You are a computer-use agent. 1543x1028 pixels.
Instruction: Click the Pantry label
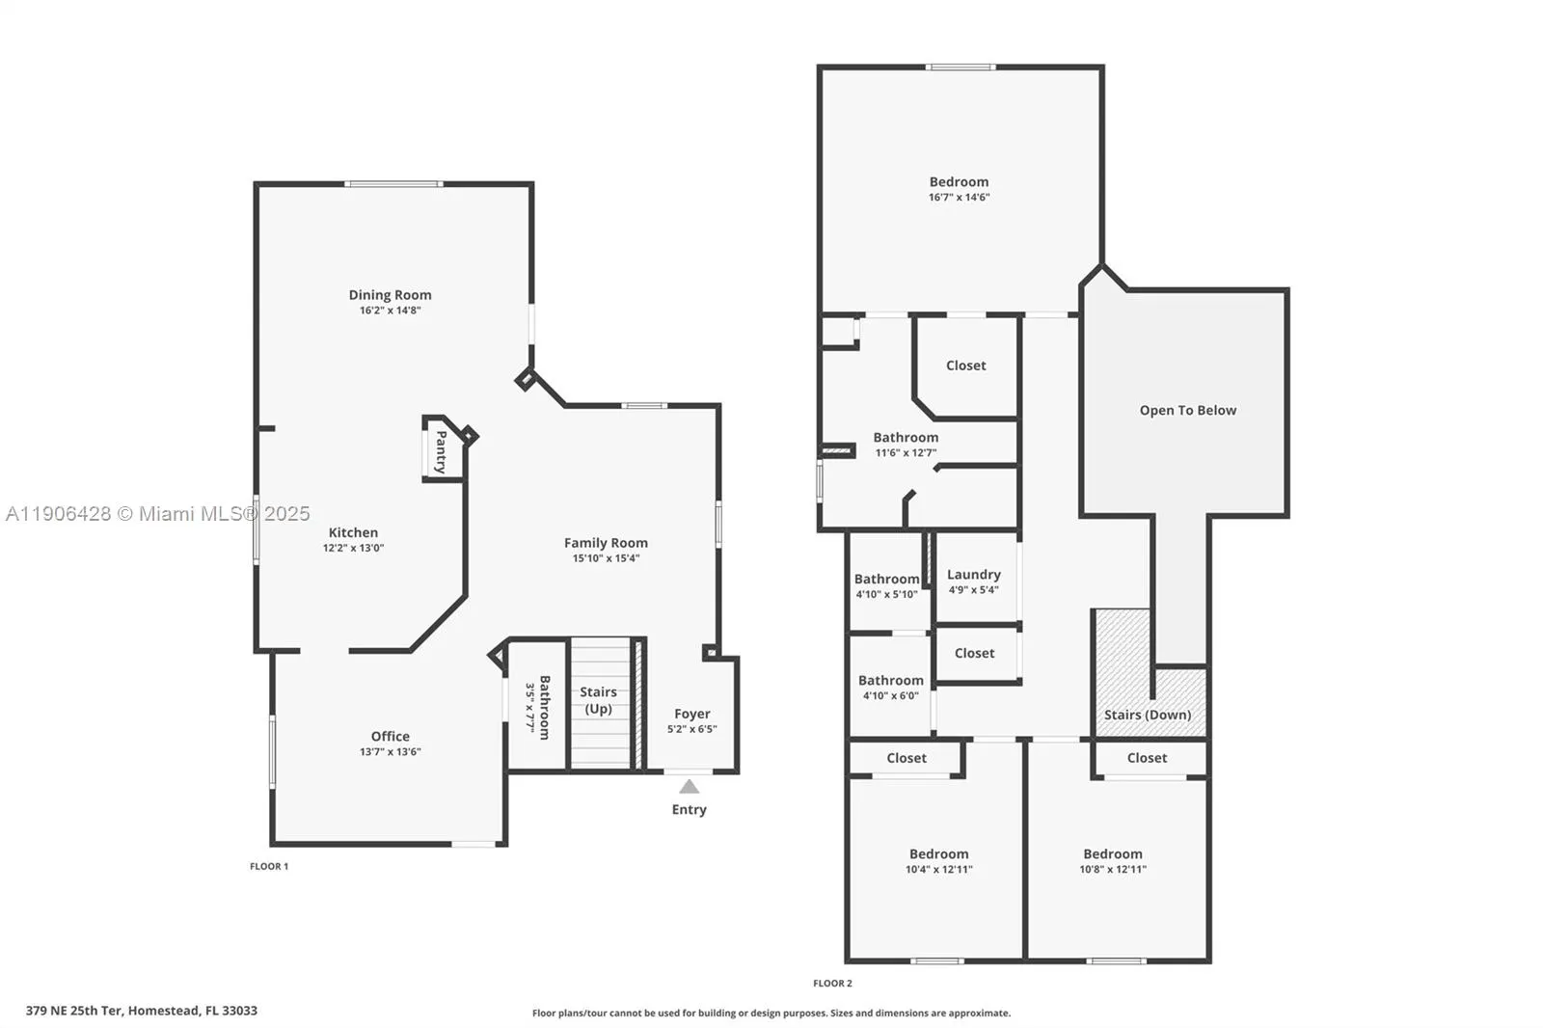click(x=441, y=450)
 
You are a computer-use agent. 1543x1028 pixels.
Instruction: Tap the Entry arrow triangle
click(x=689, y=786)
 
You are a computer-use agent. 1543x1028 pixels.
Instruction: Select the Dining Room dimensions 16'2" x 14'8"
click(x=390, y=311)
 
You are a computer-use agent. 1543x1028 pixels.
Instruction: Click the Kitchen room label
click(x=353, y=532)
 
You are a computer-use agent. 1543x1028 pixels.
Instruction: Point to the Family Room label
click(x=606, y=543)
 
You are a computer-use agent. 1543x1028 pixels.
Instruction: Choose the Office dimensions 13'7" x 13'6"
click(x=390, y=752)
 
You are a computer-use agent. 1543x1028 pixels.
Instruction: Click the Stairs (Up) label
click(x=598, y=700)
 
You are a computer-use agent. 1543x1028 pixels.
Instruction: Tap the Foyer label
click(x=691, y=714)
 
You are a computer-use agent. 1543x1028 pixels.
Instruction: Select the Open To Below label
click(x=1187, y=410)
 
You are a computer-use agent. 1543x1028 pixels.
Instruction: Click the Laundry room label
click(x=973, y=575)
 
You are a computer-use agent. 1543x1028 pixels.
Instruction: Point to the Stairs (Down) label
click(x=1147, y=715)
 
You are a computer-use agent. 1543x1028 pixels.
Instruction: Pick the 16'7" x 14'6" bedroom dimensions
click(x=959, y=198)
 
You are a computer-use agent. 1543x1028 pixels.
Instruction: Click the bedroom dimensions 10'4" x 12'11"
click(x=938, y=870)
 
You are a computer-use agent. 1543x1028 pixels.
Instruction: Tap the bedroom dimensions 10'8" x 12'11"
click(x=1112, y=870)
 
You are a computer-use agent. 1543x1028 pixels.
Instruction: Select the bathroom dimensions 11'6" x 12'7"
click(x=905, y=453)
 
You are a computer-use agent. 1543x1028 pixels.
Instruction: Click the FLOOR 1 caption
click(x=269, y=866)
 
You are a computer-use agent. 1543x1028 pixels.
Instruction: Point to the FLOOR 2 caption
click(x=832, y=984)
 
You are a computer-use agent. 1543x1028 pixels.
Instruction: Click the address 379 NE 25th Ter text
click(x=142, y=1011)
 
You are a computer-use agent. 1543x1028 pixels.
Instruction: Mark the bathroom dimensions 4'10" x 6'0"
click(x=890, y=696)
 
